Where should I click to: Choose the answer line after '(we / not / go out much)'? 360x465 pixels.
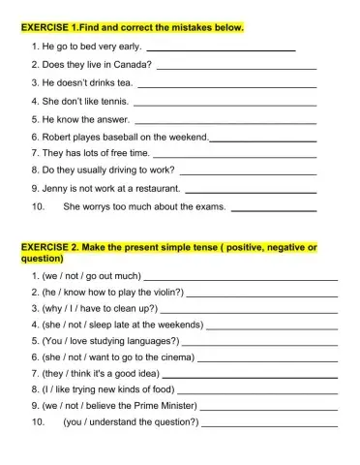click(241, 276)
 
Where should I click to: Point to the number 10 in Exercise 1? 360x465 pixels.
click(39, 206)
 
